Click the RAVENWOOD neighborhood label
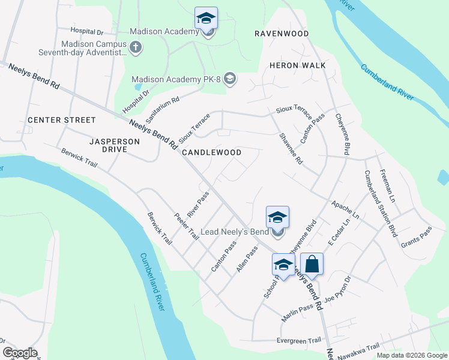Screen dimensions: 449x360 coord(281,34)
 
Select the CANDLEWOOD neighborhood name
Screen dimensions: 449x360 coord(211,153)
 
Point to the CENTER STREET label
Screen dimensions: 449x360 coord(62,120)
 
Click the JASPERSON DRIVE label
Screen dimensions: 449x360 coord(114,145)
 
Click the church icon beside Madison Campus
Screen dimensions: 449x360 coord(136,47)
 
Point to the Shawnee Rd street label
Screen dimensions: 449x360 coord(292,148)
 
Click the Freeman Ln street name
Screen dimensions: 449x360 coord(387,185)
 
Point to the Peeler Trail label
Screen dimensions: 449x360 coord(186,226)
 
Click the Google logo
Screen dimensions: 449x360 coord(20,353)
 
